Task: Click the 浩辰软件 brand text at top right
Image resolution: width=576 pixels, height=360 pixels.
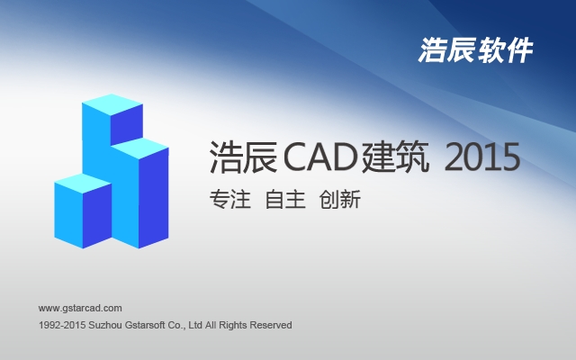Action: pos(476,50)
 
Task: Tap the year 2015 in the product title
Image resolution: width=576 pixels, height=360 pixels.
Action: pos(482,157)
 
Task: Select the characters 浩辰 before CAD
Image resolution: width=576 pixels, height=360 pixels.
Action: pos(244,157)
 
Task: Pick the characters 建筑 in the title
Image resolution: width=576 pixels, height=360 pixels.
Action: pos(396,157)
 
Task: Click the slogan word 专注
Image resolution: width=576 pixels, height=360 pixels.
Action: pos(230,200)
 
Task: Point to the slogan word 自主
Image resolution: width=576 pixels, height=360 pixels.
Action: pos(285,200)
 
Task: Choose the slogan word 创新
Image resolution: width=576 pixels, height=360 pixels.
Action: pos(340,200)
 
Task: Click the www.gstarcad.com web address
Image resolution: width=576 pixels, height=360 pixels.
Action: pos(80,308)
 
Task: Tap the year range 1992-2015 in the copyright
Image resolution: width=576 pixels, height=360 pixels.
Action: pos(62,325)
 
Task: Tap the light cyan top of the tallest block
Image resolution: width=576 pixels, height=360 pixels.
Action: pos(112,104)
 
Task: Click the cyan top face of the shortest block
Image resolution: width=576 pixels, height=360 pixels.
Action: pos(83,184)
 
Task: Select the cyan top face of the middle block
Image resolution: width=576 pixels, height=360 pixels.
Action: pos(139,148)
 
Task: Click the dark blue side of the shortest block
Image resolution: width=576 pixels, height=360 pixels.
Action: pos(97,216)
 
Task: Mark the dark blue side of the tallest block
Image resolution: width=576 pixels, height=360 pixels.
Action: pos(126,124)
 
